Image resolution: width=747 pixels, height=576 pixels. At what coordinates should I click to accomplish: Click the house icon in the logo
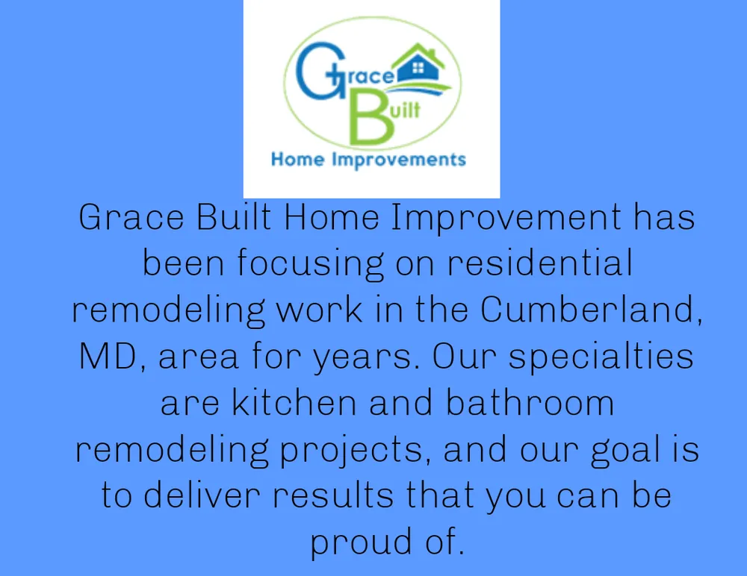point(419,66)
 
